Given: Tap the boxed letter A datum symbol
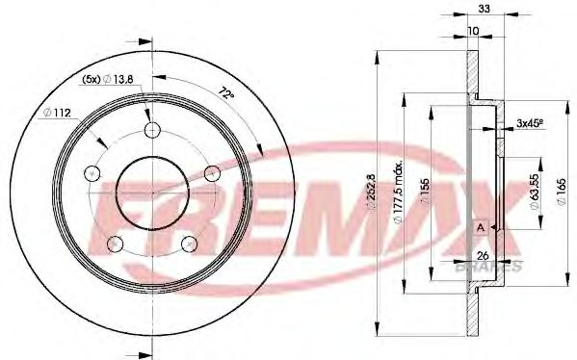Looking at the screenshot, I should (x=480, y=226).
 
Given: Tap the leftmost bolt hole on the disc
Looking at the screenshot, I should (x=93, y=173).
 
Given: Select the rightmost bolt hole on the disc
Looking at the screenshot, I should (x=213, y=173).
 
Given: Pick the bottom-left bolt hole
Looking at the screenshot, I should (x=117, y=243).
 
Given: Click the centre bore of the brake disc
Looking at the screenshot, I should (x=153, y=193).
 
